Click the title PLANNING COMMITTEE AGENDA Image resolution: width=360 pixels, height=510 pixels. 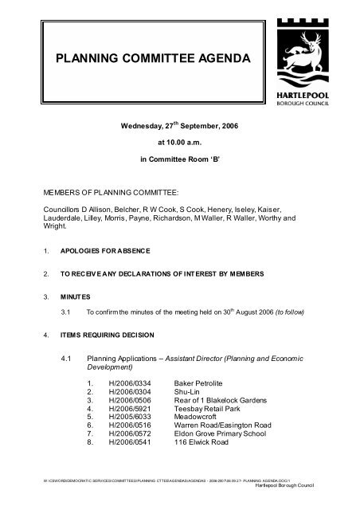click(x=151, y=60)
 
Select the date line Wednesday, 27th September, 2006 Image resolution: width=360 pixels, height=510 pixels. click(x=179, y=126)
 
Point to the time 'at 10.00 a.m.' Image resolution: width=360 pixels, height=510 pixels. click(x=179, y=143)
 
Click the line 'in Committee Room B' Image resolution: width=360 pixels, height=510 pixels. click(x=179, y=159)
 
